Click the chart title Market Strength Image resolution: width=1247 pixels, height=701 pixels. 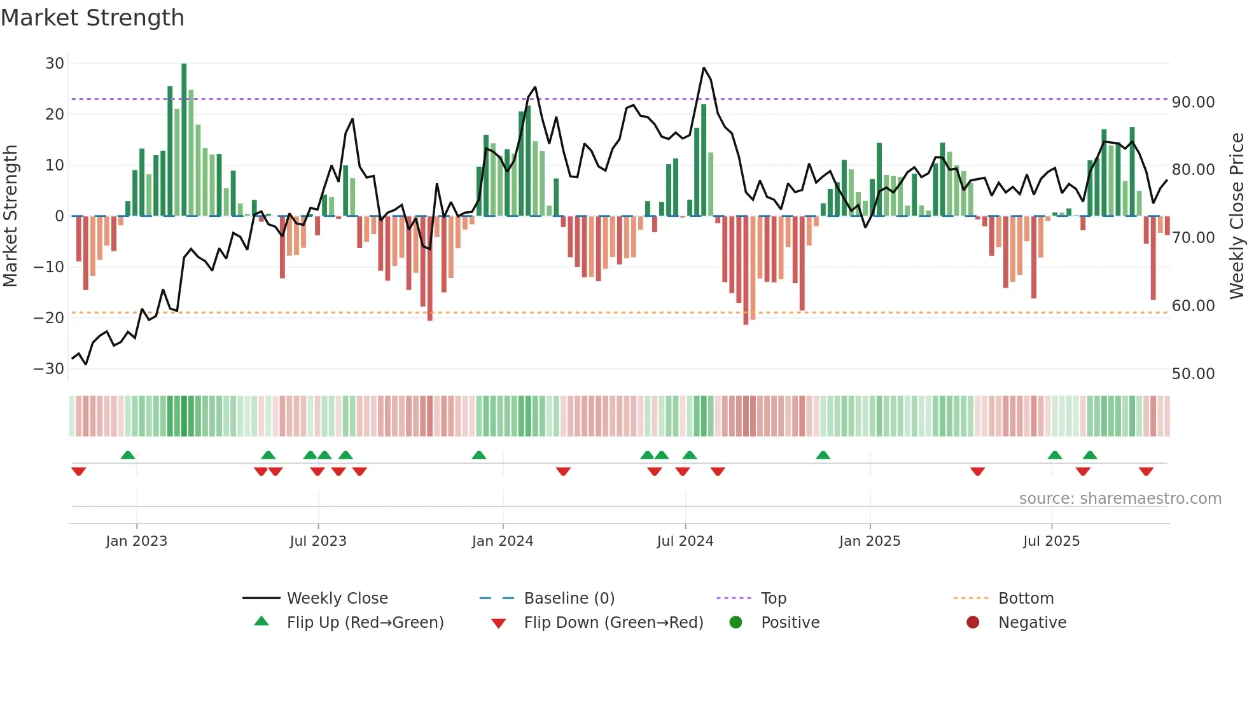pyautogui.click(x=92, y=18)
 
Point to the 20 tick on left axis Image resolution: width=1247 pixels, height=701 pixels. pyautogui.click(x=55, y=115)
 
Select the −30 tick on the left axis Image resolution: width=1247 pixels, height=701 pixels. pyautogui.click(x=49, y=369)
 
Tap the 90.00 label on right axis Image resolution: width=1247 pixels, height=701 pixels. pyautogui.click(x=1193, y=102)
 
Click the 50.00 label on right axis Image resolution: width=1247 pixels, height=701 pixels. pyautogui.click(x=1193, y=374)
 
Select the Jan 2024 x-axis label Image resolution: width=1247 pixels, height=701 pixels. pyautogui.click(x=502, y=541)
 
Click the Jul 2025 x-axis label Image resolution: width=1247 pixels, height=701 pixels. pyautogui.click(x=1051, y=541)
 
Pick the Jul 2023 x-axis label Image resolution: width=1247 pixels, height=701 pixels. pyautogui.click(x=317, y=541)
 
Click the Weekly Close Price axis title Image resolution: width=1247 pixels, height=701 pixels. pyautogui.click(x=1236, y=216)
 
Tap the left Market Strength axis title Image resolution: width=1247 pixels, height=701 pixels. pyautogui.click(x=11, y=216)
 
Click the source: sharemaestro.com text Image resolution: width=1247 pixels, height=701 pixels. pyautogui.click(x=1120, y=499)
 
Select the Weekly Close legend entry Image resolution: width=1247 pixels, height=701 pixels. pyautogui.click(x=337, y=599)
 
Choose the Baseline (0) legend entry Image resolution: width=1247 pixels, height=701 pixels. pyautogui.click(x=569, y=599)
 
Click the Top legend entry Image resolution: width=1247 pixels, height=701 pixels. pyautogui.click(x=773, y=599)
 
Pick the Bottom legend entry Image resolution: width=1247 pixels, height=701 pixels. pyautogui.click(x=1026, y=599)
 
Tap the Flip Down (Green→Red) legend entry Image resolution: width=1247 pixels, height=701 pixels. pyautogui.click(x=613, y=623)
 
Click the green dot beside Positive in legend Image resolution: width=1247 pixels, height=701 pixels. pyautogui.click(x=735, y=623)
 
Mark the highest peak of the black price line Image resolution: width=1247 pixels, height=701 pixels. pyautogui.click(x=704, y=68)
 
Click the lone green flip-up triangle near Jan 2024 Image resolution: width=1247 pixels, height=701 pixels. pyautogui.click(x=479, y=455)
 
